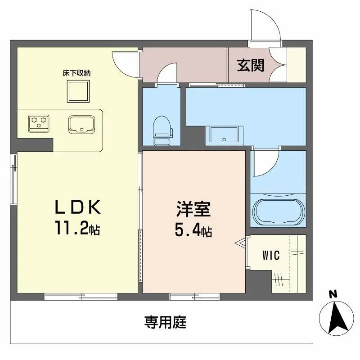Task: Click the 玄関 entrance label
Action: (x=250, y=65)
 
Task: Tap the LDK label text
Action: (x=77, y=207)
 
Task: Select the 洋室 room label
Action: (x=193, y=209)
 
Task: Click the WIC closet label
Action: (x=271, y=255)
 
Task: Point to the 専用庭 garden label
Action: (x=165, y=322)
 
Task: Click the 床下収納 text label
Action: (x=76, y=73)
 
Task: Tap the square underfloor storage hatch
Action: (x=78, y=91)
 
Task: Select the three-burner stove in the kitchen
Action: (x=39, y=123)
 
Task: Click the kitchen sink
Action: (x=81, y=124)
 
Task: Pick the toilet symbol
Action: (x=162, y=130)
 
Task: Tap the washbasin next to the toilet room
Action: (x=224, y=135)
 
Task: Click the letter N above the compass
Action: (x=333, y=294)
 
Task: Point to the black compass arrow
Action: (x=338, y=319)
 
